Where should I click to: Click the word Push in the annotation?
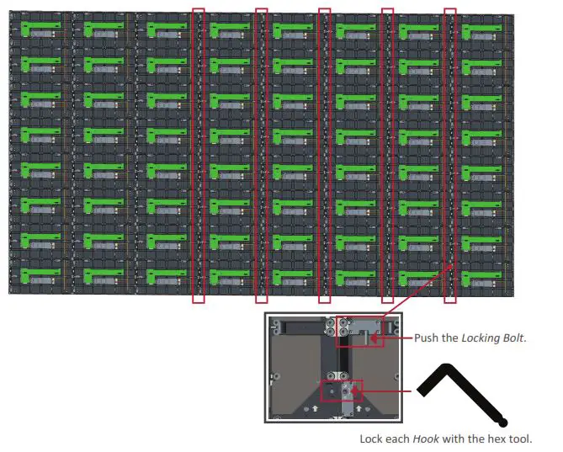coord(428,338)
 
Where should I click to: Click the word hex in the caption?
coord(491,439)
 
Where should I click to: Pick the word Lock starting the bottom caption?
coord(371,439)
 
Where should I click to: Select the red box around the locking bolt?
coord(359,332)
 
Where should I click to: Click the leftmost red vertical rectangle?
coord(199,156)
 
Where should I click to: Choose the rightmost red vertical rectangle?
coord(450,156)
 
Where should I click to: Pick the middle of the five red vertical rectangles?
coord(324,156)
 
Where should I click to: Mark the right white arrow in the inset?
coord(359,407)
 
